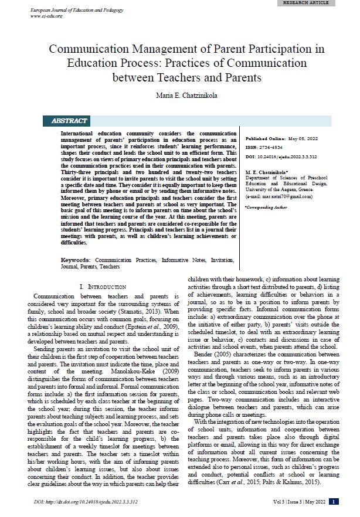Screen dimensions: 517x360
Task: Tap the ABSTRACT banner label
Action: click(69, 121)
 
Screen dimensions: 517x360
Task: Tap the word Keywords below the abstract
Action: click(74, 259)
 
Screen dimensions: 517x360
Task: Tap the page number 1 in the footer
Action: click(333, 501)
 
